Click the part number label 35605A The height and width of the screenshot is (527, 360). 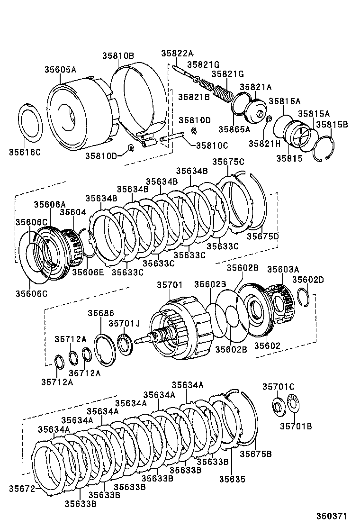point(60,70)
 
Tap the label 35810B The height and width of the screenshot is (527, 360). point(118,55)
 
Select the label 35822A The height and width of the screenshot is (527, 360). point(177,54)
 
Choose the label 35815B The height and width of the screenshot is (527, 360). point(332,125)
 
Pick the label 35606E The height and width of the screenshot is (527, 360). point(88,272)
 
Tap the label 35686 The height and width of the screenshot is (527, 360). point(100,313)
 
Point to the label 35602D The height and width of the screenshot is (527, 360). point(308,280)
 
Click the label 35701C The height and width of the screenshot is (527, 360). point(278,387)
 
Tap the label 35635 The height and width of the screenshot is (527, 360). point(232,479)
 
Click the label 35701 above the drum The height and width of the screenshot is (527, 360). point(169,285)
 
